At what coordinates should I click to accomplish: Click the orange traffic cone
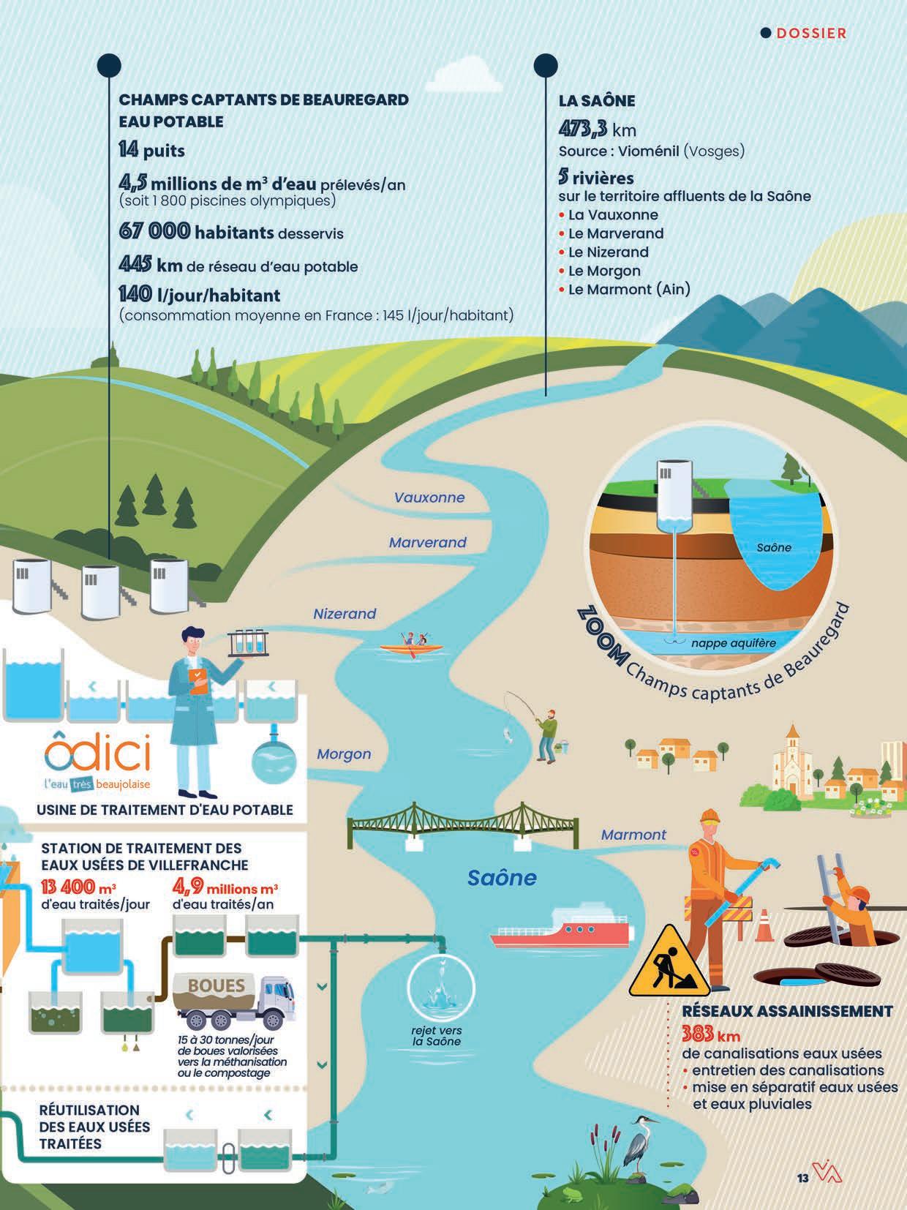[x=764, y=925]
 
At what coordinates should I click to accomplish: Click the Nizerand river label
[x=345, y=614]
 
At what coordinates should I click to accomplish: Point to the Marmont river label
[x=633, y=835]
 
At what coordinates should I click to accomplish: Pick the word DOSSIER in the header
[x=810, y=33]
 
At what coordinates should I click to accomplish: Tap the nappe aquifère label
[x=733, y=643]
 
